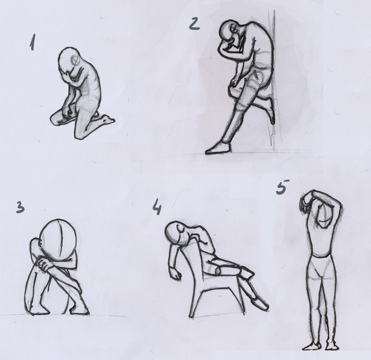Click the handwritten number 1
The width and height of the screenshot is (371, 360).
(x=33, y=42)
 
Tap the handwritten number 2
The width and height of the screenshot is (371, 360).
(x=195, y=24)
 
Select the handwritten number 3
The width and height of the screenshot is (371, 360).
(x=21, y=207)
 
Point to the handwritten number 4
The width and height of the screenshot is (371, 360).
(x=157, y=206)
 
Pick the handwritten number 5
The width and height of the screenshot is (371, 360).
(x=282, y=187)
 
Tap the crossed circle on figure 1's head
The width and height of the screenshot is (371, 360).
(x=76, y=60)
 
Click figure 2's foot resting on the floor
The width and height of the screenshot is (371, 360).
(x=218, y=148)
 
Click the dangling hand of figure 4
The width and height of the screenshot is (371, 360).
(x=175, y=274)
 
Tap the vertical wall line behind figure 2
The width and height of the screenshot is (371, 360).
(x=274, y=80)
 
